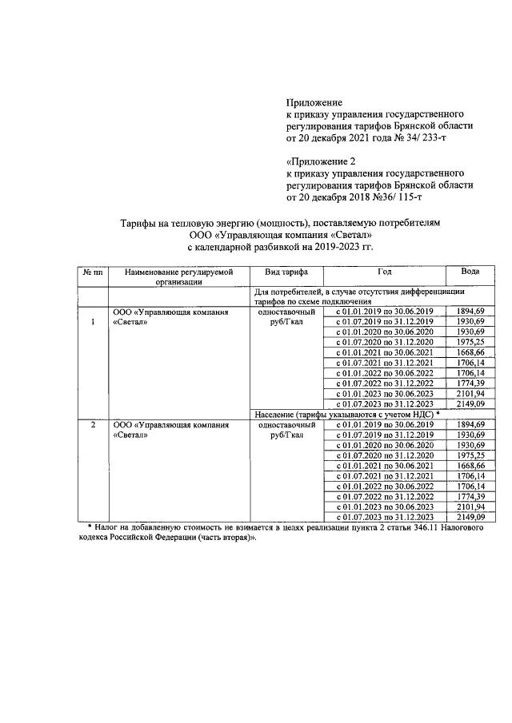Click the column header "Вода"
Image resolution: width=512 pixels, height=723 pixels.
pyautogui.click(x=470, y=272)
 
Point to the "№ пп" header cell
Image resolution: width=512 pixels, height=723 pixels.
pyautogui.click(x=92, y=272)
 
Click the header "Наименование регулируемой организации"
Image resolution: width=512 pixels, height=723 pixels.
pyautogui.click(x=178, y=276)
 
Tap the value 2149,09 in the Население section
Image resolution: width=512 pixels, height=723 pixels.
pyautogui.click(x=470, y=518)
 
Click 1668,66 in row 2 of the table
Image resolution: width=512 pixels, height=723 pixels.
pyautogui.click(x=470, y=466)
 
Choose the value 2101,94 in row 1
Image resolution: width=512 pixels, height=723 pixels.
pyautogui.click(x=470, y=394)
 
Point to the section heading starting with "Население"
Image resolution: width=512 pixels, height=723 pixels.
pyautogui.click(x=346, y=415)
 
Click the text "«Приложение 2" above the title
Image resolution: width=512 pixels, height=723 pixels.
pyautogui.click(x=321, y=161)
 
